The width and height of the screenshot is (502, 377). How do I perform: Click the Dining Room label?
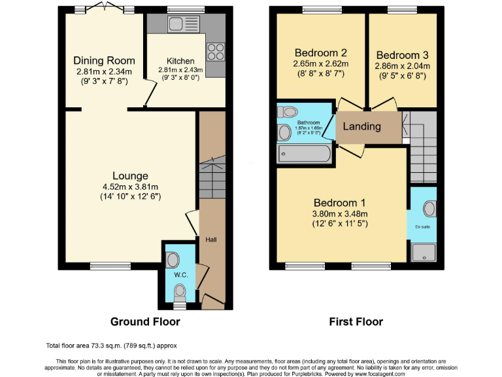103,61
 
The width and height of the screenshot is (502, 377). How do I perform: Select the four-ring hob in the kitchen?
215,50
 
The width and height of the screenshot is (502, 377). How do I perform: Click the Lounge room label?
130,175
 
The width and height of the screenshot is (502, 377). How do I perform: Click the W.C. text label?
180,275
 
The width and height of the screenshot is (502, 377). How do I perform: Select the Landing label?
361,126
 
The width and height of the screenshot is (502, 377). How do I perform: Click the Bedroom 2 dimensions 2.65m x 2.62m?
320,64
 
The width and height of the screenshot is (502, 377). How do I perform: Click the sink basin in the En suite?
429,209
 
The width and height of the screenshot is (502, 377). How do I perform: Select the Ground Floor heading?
145,321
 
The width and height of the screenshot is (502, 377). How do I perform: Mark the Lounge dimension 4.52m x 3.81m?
130,187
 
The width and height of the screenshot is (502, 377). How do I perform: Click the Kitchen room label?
180,60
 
